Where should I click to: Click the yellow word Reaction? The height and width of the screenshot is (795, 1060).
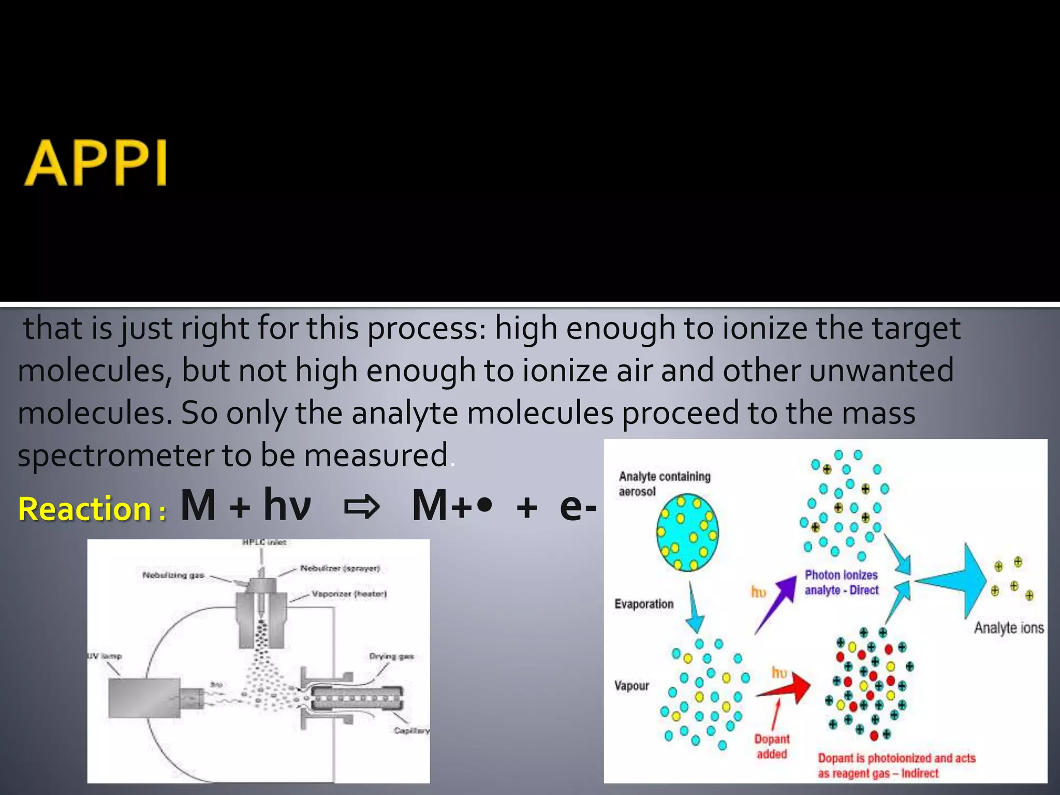coord(85,509)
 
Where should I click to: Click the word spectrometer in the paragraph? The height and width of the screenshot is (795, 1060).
coord(115,455)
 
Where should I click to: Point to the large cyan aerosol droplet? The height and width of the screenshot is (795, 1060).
coord(687,533)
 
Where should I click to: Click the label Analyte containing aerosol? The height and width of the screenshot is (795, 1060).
coord(664,483)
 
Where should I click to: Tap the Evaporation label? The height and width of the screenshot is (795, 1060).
coord(644,604)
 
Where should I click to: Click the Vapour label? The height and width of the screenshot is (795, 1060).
coord(631,686)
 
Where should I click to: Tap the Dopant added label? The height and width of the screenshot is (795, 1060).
coord(772,746)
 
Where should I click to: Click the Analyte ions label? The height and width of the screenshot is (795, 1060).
coord(1009,628)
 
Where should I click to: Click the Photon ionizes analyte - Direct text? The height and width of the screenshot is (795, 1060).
coord(842,582)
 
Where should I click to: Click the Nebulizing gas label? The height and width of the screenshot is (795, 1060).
coord(173,575)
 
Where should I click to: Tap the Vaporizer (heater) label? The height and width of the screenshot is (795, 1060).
coord(349,594)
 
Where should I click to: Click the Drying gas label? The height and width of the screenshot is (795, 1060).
coord(391,656)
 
